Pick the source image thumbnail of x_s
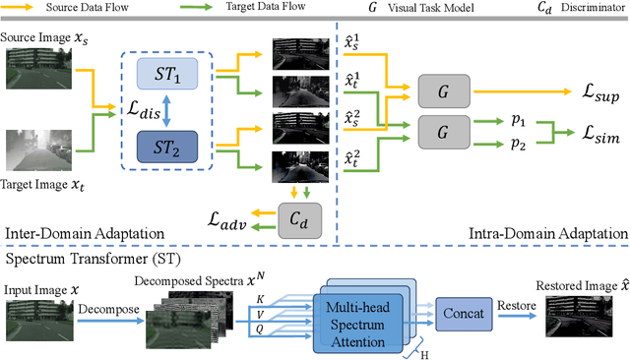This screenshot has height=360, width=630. click(x=34, y=69)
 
